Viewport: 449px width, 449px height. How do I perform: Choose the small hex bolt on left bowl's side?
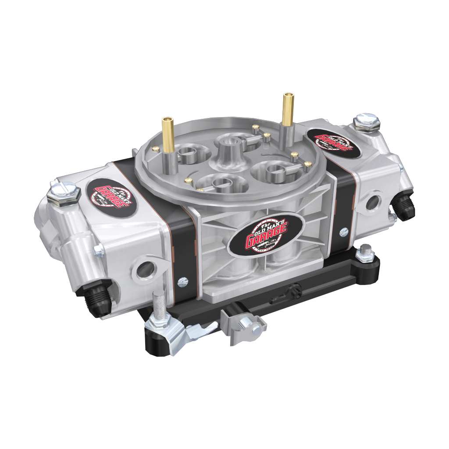click(98, 250)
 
